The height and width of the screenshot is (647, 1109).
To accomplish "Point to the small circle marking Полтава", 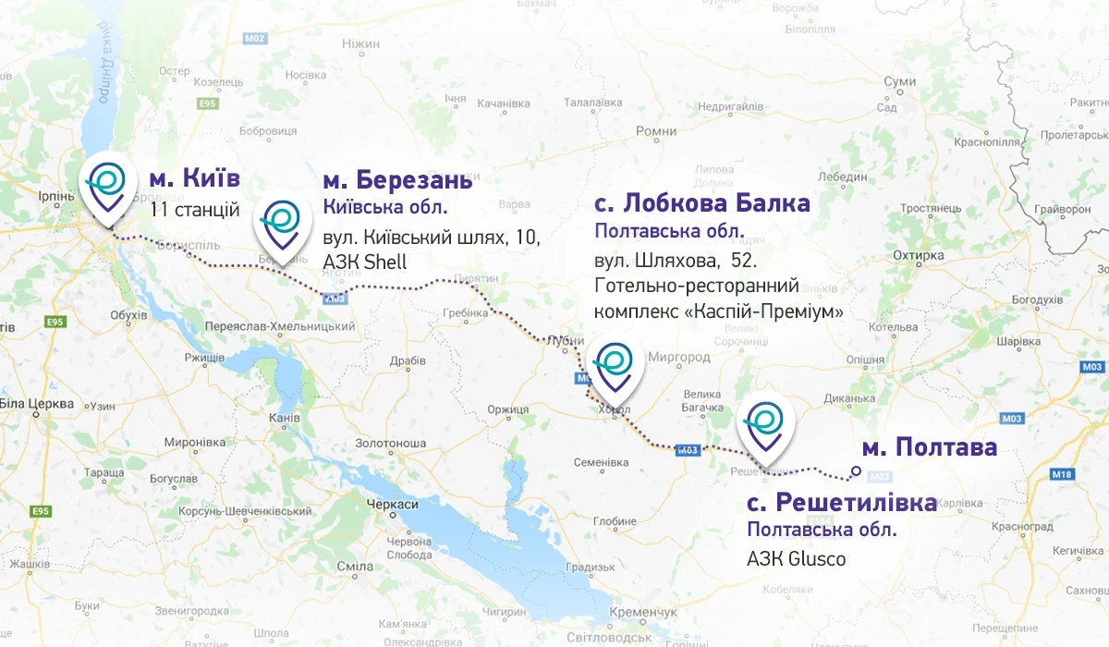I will (x=856, y=471).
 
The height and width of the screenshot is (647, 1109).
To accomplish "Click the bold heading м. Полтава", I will (x=929, y=448).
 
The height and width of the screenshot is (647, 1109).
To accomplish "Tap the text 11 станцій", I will (x=195, y=210).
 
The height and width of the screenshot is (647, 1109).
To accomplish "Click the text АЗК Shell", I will (x=365, y=262).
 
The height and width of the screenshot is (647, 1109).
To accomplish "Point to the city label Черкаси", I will (x=393, y=505).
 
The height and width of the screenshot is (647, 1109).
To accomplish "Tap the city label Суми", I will (x=898, y=82).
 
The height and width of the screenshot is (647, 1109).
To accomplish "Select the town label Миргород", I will (x=679, y=357).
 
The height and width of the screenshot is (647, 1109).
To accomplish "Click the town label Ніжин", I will (x=360, y=43).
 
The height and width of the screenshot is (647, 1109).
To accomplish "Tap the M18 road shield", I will (x=1062, y=474).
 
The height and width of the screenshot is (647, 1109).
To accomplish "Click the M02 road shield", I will (x=256, y=38).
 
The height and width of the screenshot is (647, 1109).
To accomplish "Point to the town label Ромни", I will (x=656, y=131).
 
